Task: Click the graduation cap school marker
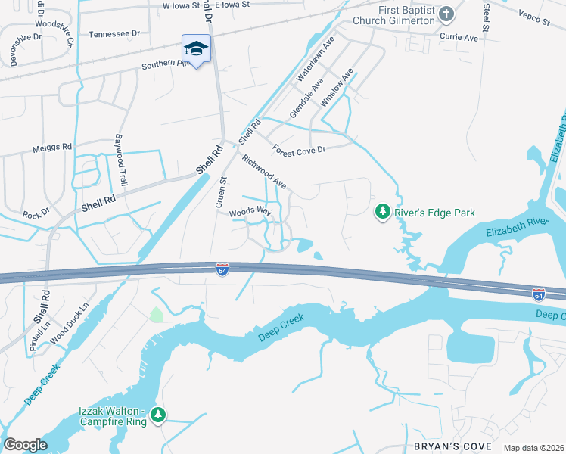tap(196, 49)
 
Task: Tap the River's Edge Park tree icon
tap(384, 213)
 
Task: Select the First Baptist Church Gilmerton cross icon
tap(446, 14)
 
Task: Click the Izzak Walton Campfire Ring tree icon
tap(158, 415)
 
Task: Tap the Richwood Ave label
tap(263, 172)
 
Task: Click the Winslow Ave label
tap(337, 87)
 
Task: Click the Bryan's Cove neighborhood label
tap(449, 446)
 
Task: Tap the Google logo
tap(25, 445)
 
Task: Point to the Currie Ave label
tap(460, 37)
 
